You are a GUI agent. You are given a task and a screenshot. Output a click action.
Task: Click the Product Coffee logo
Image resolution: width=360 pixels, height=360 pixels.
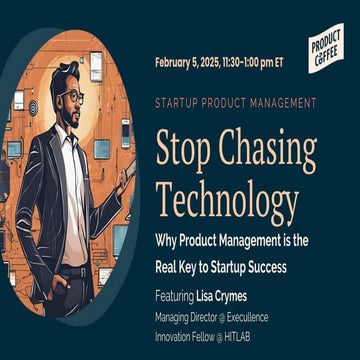326,46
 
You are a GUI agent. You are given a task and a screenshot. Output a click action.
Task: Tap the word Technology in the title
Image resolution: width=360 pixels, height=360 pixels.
227,202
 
